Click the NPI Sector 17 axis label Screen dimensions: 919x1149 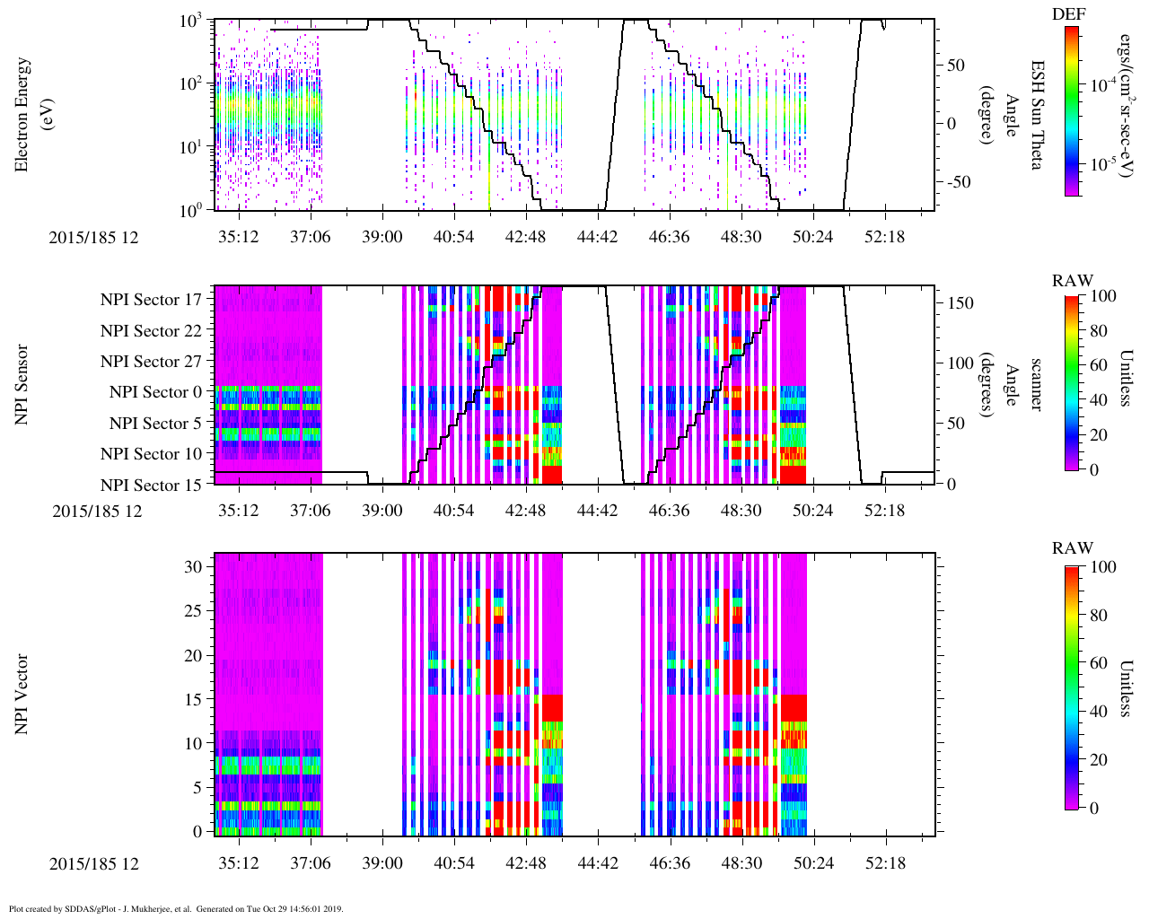pyautogui.click(x=151, y=300)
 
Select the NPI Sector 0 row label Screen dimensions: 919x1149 pyautogui.click(x=156, y=392)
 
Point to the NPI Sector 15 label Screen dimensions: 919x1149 pyautogui.click(x=151, y=486)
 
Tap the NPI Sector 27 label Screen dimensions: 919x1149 pyautogui.click(x=151, y=362)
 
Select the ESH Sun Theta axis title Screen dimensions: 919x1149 pyautogui.click(x=1037, y=115)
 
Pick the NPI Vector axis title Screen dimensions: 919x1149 pyautogui.click(x=22, y=695)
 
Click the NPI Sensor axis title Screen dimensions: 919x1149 pyautogui.click(x=22, y=385)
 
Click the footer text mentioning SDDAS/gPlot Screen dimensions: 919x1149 pyautogui.click(x=176, y=908)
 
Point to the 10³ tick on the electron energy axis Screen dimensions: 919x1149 pyautogui.click(x=193, y=21)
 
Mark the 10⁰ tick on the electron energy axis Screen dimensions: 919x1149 pyautogui.click(x=193, y=210)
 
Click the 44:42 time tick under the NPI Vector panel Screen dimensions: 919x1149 pyautogui.click(x=597, y=863)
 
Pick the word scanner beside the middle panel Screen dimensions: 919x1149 pyautogui.click(x=1036, y=385)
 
